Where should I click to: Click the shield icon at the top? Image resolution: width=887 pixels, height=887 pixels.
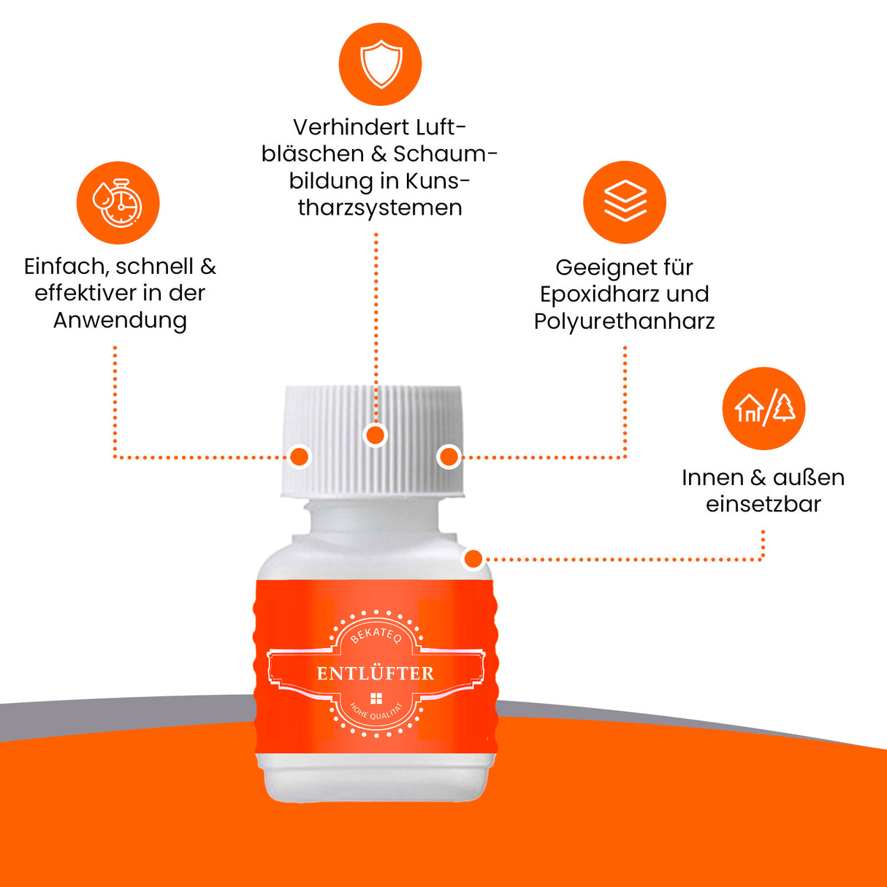point(380,64)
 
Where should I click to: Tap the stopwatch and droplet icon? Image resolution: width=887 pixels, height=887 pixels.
point(118,203)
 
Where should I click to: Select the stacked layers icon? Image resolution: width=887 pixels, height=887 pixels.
point(624,202)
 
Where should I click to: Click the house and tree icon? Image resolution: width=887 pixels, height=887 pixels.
point(764,408)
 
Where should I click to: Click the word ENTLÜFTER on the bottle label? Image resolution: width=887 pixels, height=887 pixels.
point(375,674)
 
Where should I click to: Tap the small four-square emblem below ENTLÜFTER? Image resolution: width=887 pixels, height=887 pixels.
point(376,698)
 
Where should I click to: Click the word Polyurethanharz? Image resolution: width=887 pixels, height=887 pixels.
point(624,321)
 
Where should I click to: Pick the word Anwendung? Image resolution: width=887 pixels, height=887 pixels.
point(120,320)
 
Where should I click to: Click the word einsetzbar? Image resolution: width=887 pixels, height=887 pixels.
point(763,504)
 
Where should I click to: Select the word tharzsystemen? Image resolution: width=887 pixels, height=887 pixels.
point(380,208)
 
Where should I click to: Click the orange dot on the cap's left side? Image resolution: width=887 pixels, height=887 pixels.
point(300,457)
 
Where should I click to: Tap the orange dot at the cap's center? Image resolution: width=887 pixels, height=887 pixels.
point(376,435)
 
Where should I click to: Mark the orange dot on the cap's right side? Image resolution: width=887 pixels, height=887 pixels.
point(449,457)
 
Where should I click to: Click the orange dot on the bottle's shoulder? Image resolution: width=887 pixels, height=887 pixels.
point(473,560)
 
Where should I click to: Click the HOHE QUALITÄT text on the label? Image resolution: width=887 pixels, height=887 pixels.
point(376,714)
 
